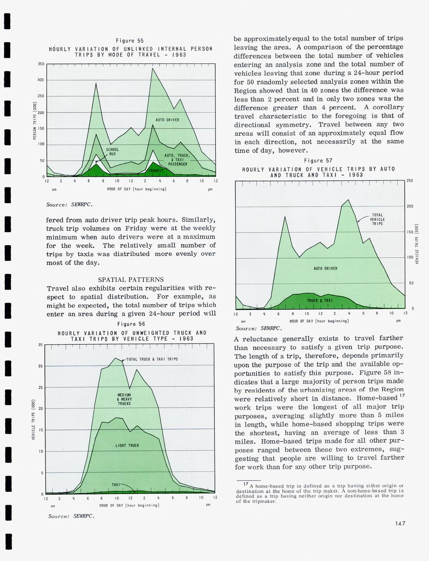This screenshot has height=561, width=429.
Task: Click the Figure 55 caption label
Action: coord(130,41)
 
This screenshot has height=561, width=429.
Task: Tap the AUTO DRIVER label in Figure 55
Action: coord(167,120)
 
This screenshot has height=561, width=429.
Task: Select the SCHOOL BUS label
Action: coord(113,152)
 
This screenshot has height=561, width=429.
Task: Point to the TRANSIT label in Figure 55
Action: coord(156,171)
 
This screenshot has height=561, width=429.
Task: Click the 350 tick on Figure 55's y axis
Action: coord(40,64)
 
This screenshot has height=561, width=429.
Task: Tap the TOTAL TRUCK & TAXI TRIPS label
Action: coord(152,359)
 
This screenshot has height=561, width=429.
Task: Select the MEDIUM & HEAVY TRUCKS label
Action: coord(124,399)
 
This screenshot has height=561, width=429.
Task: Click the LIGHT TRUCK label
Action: coord(127,446)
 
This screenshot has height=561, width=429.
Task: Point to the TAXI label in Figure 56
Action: coord(116,485)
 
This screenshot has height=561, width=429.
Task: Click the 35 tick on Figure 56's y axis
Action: coord(40,345)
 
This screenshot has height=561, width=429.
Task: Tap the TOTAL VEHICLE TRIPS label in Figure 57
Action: coord(377,219)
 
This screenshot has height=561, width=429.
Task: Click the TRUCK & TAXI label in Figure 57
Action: coord(320,300)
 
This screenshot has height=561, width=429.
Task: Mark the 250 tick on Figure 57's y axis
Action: coord(410,181)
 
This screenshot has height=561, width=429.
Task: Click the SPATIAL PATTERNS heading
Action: coord(131,280)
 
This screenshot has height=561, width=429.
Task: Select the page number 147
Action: coord(400,524)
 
